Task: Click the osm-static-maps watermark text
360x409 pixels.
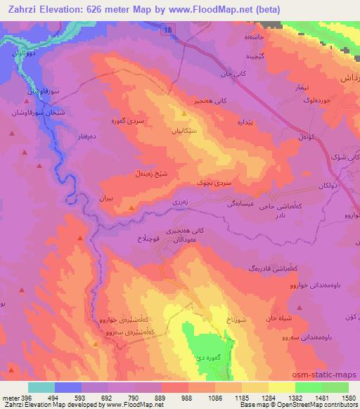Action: (330, 375)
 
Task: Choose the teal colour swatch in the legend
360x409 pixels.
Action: (41, 387)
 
